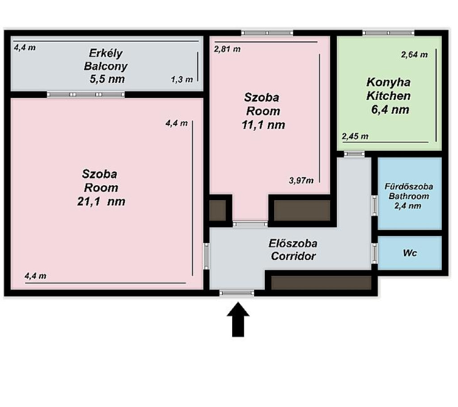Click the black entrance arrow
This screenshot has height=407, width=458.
point(238,319)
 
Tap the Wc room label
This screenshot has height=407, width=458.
point(410,253)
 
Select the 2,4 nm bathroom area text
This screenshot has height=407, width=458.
point(408,206)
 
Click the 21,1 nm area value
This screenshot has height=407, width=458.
point(102,201)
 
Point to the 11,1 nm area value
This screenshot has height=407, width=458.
point(263,125)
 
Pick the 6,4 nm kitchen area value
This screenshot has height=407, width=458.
point(390,110)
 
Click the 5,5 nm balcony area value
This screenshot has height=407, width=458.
point(107,79)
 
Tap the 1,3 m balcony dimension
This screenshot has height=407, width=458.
point(182,80)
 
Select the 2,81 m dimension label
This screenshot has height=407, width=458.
point(227,49)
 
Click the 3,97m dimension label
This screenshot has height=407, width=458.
point(301,180)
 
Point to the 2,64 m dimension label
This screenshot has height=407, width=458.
point(414,55)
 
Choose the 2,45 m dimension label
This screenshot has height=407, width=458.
point(355,136)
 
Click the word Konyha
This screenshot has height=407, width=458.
point(389,82)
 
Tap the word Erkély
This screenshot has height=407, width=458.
point(106,53)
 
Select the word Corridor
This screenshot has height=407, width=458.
point(293,256)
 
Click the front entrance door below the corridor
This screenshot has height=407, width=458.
point(237,293)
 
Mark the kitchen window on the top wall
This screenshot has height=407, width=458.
point(389,33)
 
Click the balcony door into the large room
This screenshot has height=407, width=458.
point(86,94)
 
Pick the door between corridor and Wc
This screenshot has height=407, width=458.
point(374,253)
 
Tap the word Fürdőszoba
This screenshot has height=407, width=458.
point(409,187)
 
